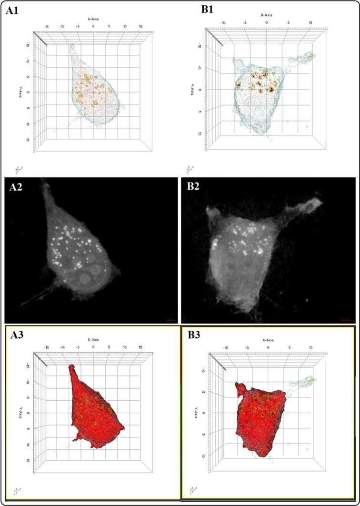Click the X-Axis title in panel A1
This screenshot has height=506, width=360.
pos(93,18)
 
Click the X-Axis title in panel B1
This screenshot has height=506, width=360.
pos(267,15)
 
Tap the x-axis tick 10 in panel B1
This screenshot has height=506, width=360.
pos(310,22)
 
